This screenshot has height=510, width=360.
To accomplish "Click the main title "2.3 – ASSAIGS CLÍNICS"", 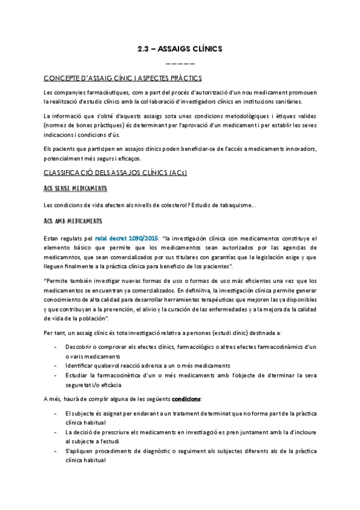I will click(x=180, y=49).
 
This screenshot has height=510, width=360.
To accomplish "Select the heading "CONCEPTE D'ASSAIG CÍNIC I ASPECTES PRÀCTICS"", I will click(x=123, y=78).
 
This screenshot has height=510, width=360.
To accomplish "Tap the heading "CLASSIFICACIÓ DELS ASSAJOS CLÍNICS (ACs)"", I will click(x=115, y=173).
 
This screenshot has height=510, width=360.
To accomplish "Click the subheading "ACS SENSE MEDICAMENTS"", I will click(x=75, y=189).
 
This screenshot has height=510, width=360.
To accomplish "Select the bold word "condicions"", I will click(x=187, y=399).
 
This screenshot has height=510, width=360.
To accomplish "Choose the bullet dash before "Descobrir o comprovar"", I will click(x=56, y=347).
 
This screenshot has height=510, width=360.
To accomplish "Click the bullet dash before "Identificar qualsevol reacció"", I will click(x=56, y=365).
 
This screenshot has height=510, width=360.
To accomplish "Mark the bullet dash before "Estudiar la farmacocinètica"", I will click(x=56, y=375).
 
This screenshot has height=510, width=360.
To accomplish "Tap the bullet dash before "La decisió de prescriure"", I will click(x=56, y=432).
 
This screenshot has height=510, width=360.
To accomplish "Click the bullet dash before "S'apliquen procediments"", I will click(x=56, y=450).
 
